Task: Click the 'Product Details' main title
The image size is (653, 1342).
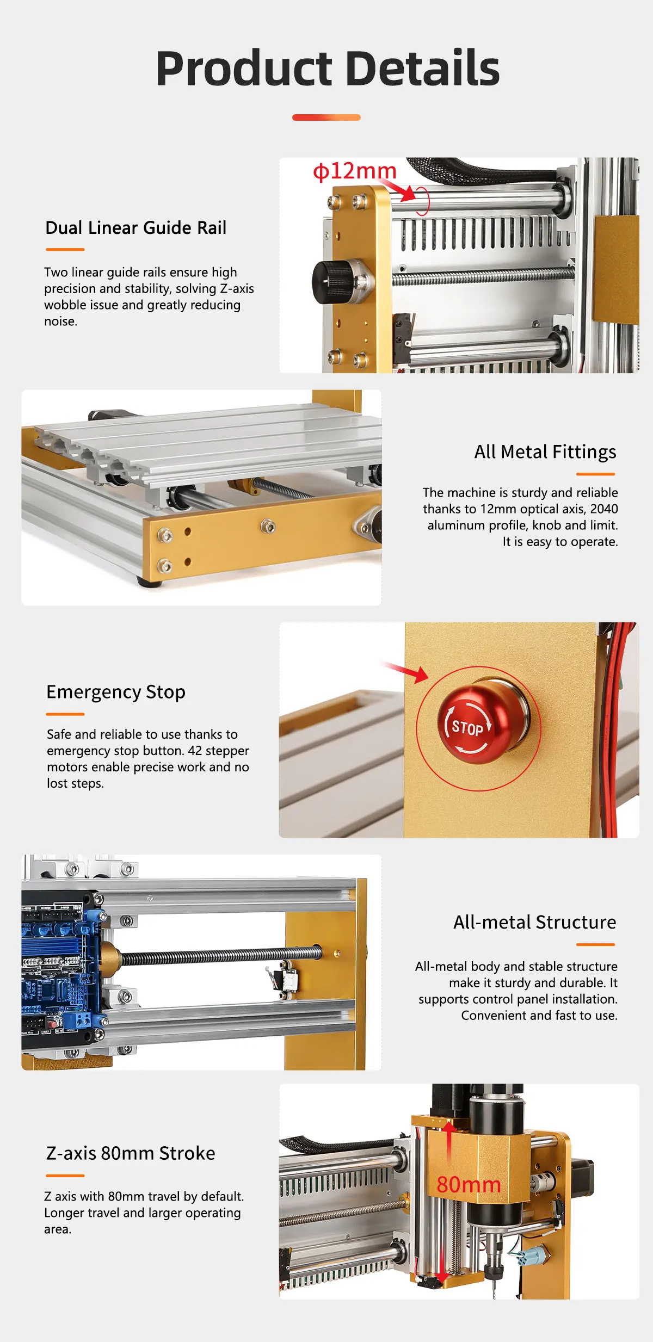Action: tap(328, 69)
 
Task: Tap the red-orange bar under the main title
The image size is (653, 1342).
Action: tap(326, 117)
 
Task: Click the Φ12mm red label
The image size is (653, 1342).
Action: tap(354, 171)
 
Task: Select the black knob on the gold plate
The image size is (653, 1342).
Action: tap(329, 281)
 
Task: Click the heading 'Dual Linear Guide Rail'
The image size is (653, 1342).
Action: tap(135, 228)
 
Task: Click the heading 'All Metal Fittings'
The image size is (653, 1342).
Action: tap(545, 452)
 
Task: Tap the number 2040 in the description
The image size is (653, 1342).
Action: tap(604, 509)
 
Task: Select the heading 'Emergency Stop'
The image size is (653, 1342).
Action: tap(116, 692)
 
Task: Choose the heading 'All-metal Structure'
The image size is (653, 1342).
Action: tap(535, 922)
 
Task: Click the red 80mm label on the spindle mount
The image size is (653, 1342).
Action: tap(469, 1185)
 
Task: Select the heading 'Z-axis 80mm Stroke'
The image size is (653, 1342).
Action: tap(131, 1153)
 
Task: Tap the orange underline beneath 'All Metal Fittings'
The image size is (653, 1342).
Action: tap(595, 474)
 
